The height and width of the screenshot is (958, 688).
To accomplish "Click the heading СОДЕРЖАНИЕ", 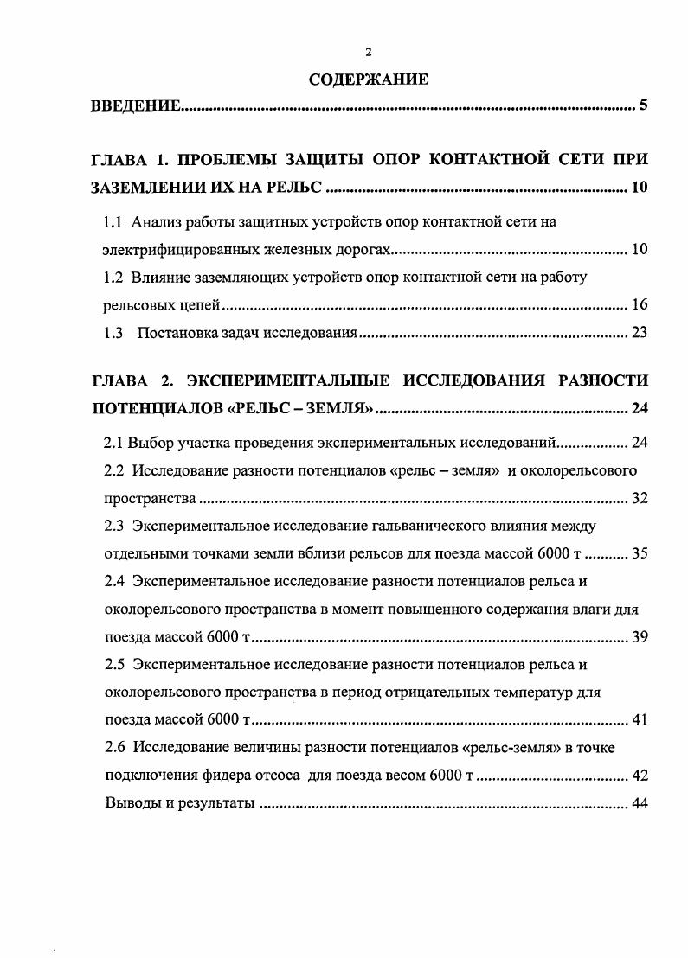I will [369, 80].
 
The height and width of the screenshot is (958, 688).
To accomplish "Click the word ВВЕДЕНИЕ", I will [136, 106].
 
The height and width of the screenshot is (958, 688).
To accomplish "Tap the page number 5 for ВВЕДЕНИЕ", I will [643, 106].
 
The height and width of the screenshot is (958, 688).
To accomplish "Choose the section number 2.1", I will [114, 443].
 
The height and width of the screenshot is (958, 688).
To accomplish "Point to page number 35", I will [640, 553].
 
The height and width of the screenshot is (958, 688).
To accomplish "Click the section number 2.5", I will [114, 665].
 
